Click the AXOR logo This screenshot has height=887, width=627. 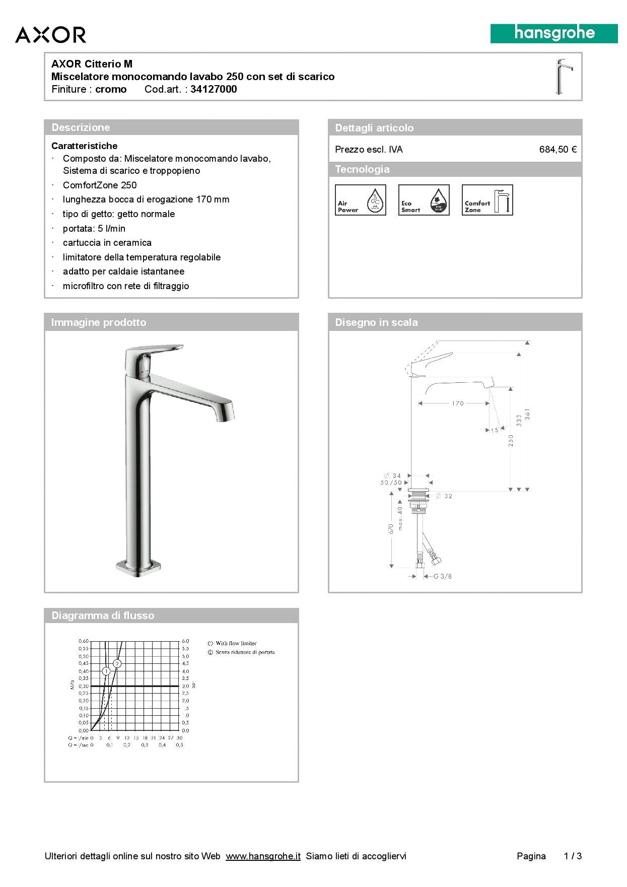(x=50, y=35)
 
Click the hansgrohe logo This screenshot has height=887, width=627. (x=554, y=34)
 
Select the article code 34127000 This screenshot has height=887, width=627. (x=214, y=89)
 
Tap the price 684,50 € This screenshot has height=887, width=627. (x=558, y=150)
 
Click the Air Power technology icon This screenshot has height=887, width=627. (x=360, y=200)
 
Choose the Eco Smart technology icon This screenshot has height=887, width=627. (x=424, y=200)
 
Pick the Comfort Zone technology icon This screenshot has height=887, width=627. (x=487, y=200)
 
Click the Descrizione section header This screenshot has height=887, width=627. (x=81, y=127)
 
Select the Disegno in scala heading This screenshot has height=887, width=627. (x=376, y=322)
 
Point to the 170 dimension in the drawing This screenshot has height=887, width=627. (x=457, y=403)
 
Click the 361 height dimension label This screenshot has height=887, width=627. (x=527, y=415)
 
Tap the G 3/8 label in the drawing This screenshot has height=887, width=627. (x=442, y=576)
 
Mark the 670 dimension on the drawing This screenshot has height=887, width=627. (x=390, y=529)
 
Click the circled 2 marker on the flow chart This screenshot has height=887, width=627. (x=117, y=664)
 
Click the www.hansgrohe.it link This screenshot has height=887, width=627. (x=263, y=856)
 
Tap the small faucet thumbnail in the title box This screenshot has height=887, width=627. (x=564, y=77)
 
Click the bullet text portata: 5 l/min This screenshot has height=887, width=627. (x=94, y=228)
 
